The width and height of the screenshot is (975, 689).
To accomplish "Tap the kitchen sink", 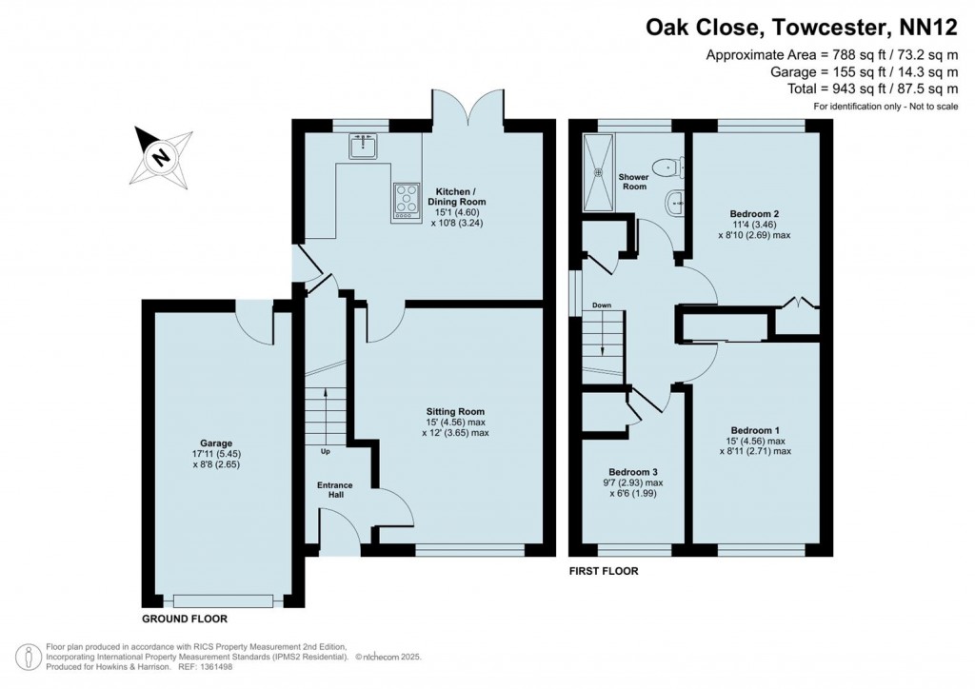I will tap(364, 146).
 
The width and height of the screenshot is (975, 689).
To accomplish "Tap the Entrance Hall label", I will tap(334, 491).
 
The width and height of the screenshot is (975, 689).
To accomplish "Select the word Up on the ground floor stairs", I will tap(326, 451).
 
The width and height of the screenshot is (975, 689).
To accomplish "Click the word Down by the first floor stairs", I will tap(601, 305).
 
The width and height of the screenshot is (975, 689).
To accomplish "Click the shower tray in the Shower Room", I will tap(600, 171).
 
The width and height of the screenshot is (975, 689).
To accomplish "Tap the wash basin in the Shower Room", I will tap(675, 202).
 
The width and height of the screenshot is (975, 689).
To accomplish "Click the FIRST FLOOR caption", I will tap(604, 572).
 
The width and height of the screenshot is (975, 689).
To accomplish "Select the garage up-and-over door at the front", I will tap(223, 600).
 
